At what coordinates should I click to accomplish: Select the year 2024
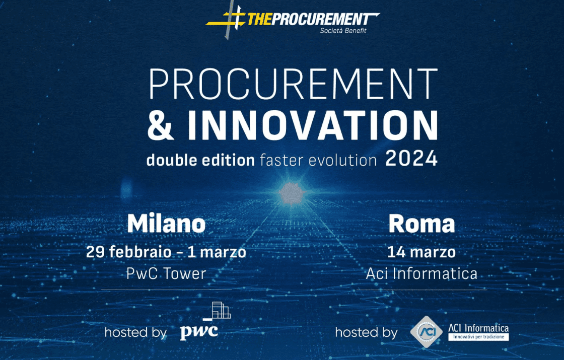pos(411,159)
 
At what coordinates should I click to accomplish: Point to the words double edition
pos(200,160)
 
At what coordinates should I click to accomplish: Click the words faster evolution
pos(318,160)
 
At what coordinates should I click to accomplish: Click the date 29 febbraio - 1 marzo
pos(166,252)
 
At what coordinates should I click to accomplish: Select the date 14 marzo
pos(421,251)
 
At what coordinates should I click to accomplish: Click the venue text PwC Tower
pos(166,273)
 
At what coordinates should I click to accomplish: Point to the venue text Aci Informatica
pos(421,274)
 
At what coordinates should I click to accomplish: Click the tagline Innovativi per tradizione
pos(478,336)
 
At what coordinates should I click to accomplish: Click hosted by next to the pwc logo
pos(135,332)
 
